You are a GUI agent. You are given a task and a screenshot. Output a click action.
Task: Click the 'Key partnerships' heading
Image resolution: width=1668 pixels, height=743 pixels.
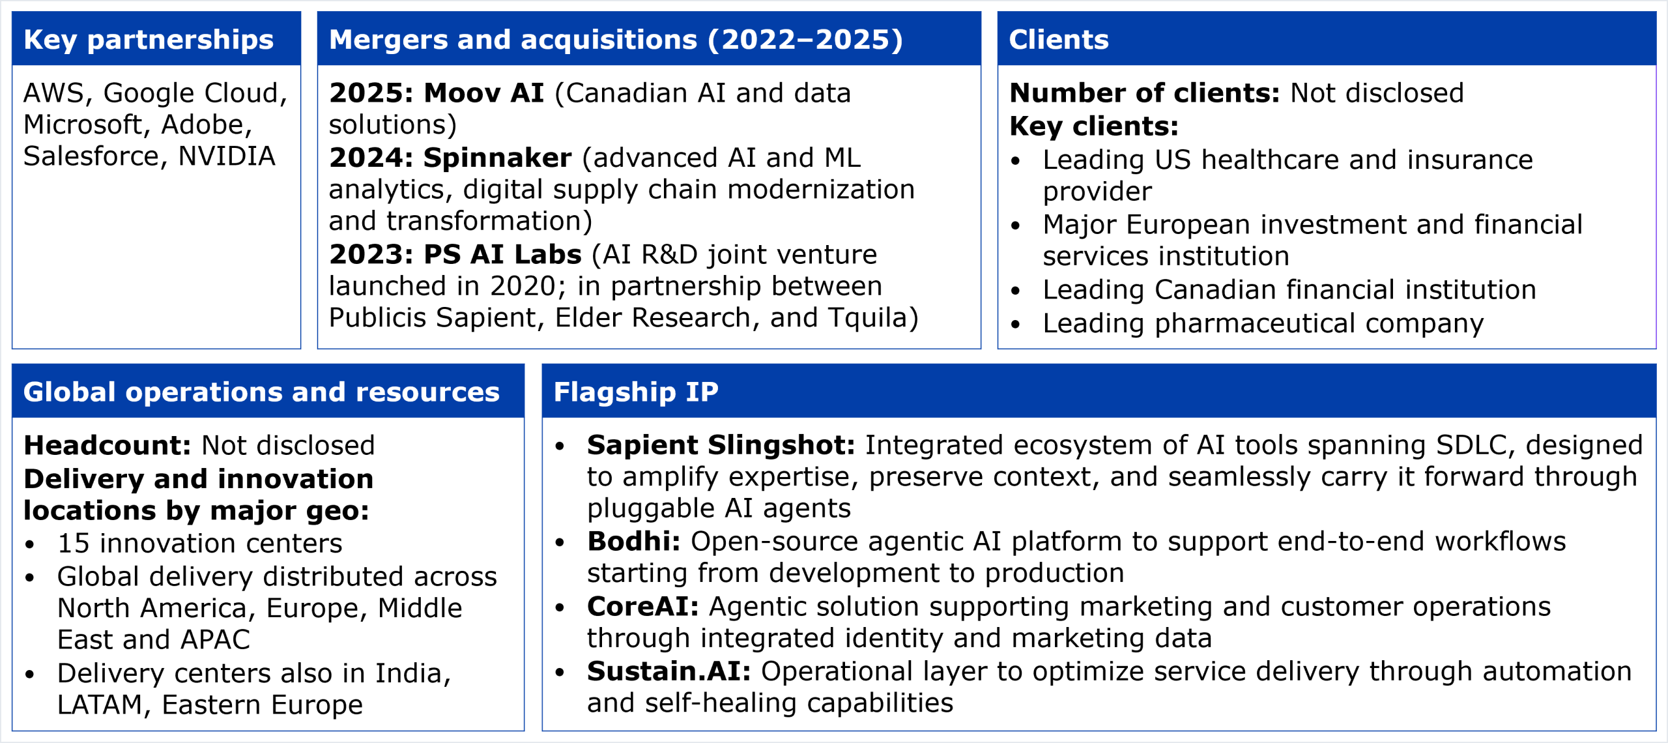click(x=149, y=40)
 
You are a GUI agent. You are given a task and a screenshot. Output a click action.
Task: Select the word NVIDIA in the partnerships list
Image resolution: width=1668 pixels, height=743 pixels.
click(x=227, y=156)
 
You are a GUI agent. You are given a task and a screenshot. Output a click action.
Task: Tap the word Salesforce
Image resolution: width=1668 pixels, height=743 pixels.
click(x=91, y=156)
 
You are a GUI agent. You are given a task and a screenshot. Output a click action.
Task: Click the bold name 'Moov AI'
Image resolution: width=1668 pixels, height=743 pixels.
click(x=483, y=93)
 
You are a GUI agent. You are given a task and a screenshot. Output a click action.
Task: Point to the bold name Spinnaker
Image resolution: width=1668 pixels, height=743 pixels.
click(x=497, y=158)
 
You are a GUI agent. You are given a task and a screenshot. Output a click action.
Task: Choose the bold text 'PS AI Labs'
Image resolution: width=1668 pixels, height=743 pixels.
click(x=502, y=254)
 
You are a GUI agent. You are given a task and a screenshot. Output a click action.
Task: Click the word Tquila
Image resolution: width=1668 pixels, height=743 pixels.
click(x=867, y=318)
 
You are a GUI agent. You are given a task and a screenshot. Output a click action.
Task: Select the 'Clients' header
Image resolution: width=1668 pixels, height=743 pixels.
click(x=1059, y=40)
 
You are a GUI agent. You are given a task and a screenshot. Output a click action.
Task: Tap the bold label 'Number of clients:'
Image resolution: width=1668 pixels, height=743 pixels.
click(x=1145, y=93)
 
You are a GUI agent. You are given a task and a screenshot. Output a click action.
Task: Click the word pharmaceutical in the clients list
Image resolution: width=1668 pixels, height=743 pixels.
click(x=1254, y=323)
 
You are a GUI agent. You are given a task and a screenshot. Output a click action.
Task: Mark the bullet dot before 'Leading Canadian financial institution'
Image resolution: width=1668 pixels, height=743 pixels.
click(x=1015, y=291)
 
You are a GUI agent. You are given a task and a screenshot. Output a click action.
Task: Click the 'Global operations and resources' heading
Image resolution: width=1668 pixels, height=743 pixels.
click(x=261, y=392)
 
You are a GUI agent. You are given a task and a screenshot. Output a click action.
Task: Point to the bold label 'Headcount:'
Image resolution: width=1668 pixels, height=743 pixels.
click(x=108, y=446)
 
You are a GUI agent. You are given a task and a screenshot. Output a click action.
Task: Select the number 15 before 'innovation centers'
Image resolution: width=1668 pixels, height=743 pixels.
click(x=73, y=544)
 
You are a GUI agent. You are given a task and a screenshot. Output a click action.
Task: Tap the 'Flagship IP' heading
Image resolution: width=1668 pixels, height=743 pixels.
click(x=636, y=392)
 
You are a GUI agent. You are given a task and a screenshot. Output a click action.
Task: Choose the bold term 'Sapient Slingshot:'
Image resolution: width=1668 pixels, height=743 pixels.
click(x=721, y=446)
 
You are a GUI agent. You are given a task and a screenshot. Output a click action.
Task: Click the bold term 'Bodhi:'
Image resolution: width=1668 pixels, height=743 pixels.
click(x=633, y=542)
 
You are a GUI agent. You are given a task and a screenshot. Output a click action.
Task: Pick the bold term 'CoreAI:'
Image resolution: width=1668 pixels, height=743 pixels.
click(x=642, y=607)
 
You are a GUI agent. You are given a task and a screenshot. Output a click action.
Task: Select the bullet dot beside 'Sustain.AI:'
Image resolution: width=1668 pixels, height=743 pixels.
click(x=559, y=673)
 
